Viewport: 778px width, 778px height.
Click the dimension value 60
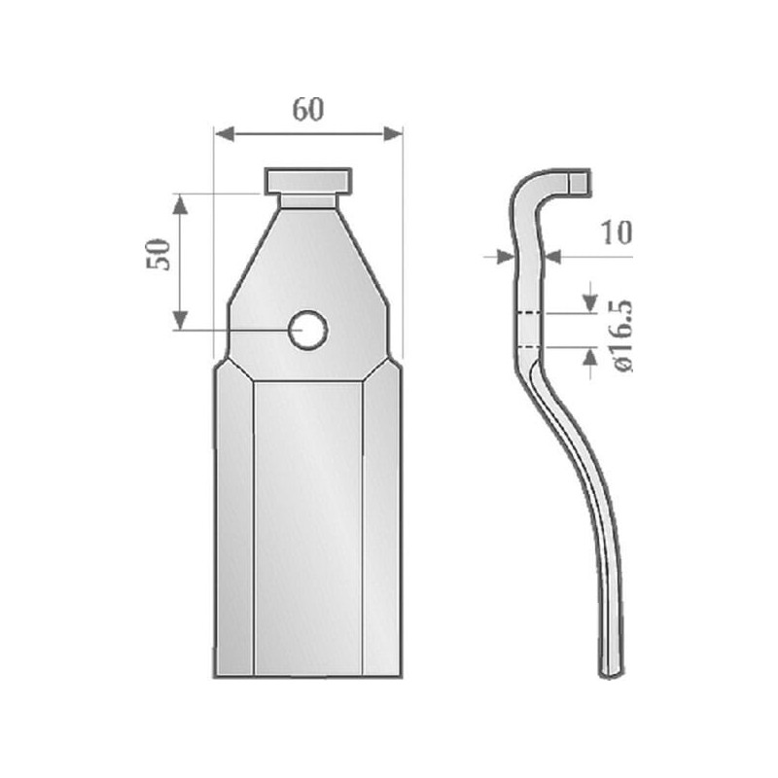(x=307, y=110)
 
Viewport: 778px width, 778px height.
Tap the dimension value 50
(x=159, y=255)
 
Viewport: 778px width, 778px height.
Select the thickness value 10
(x=617, y=232)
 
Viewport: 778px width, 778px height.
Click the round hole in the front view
(x=308, y=330)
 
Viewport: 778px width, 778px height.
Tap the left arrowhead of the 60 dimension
(x=225, y=133)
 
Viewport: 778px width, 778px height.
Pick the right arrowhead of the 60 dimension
(x=393, y=133)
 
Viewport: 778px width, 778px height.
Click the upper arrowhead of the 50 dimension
(x=180, y=204)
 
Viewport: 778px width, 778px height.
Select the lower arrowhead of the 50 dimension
(x=180, y=320)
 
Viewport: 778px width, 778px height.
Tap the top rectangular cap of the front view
(x=308, y=181)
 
